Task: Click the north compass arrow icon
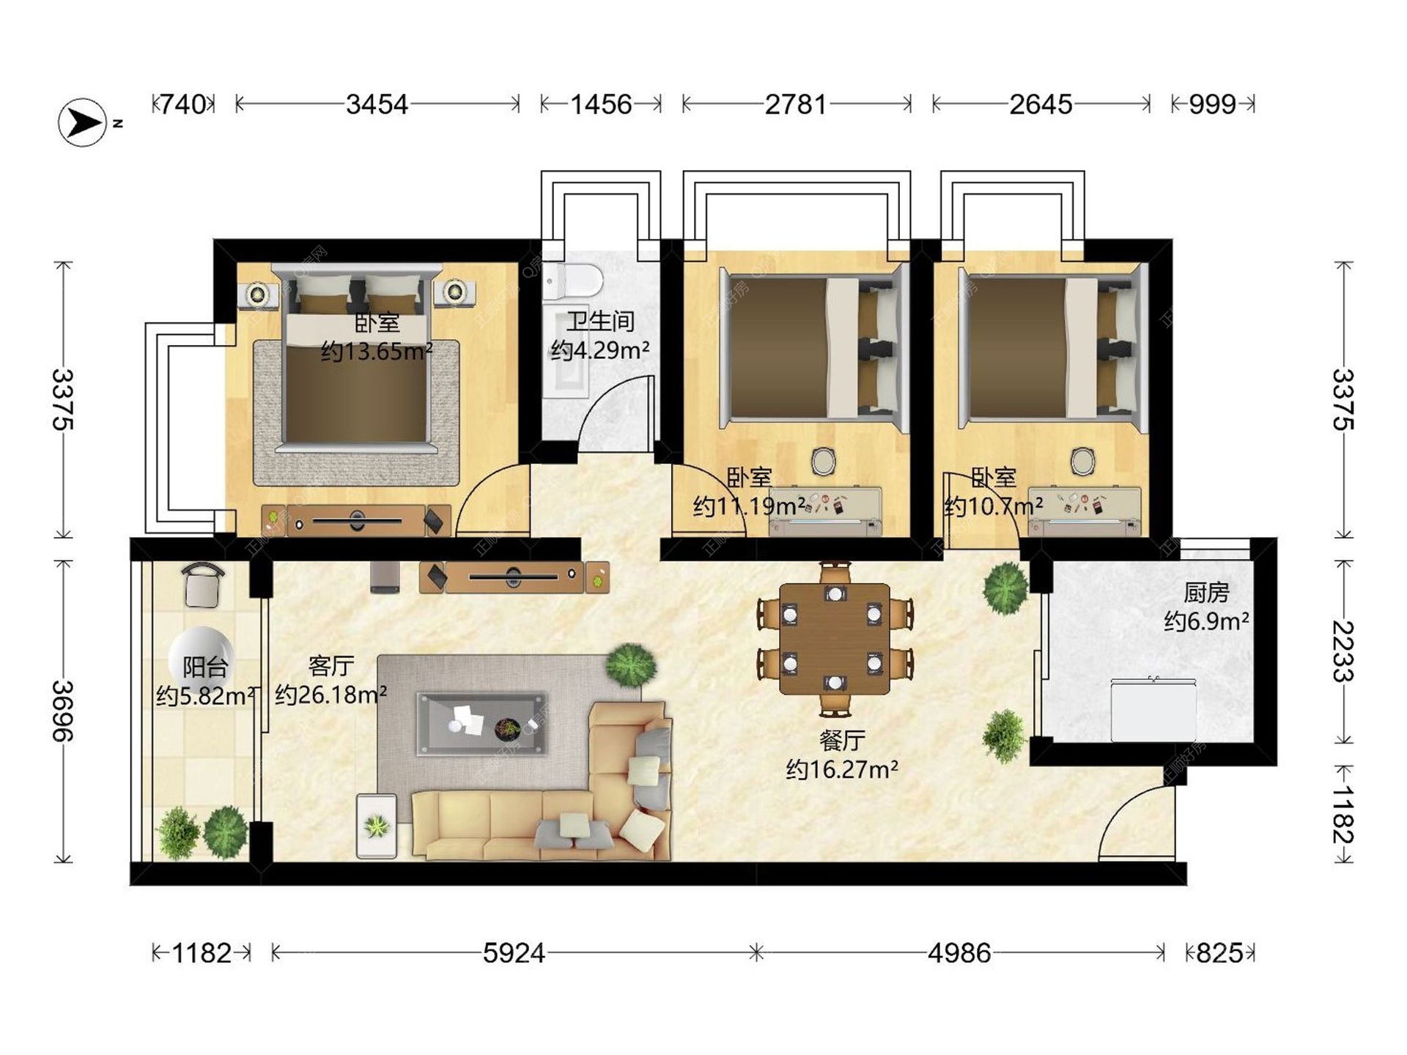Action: click(x=83, y=122)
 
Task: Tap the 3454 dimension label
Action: click(x=377, y=105)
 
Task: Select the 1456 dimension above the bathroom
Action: click(x=601, y=105)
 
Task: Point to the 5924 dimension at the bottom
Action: click(x=514, y=953)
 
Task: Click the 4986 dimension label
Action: click(x=959, y=953)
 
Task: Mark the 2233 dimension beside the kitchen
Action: click(x=1343, y=651)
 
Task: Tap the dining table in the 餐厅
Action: click(x=835, y=639)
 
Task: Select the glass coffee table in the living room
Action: click(x=481, y=723)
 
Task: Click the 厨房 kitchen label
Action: click(x=1206, y=592)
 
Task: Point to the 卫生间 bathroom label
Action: click(x=600, y=321)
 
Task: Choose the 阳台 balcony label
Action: click(x=205, y=667)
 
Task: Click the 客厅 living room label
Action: click(x=331, y=666)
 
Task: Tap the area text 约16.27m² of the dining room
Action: click(x=842, y=769)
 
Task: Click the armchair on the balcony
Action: click(x=203, y=585)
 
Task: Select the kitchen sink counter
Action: click(x=1153, y=709)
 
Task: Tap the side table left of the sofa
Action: click(x=377, y=826)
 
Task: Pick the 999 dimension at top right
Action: click(x=1213, y=105)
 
